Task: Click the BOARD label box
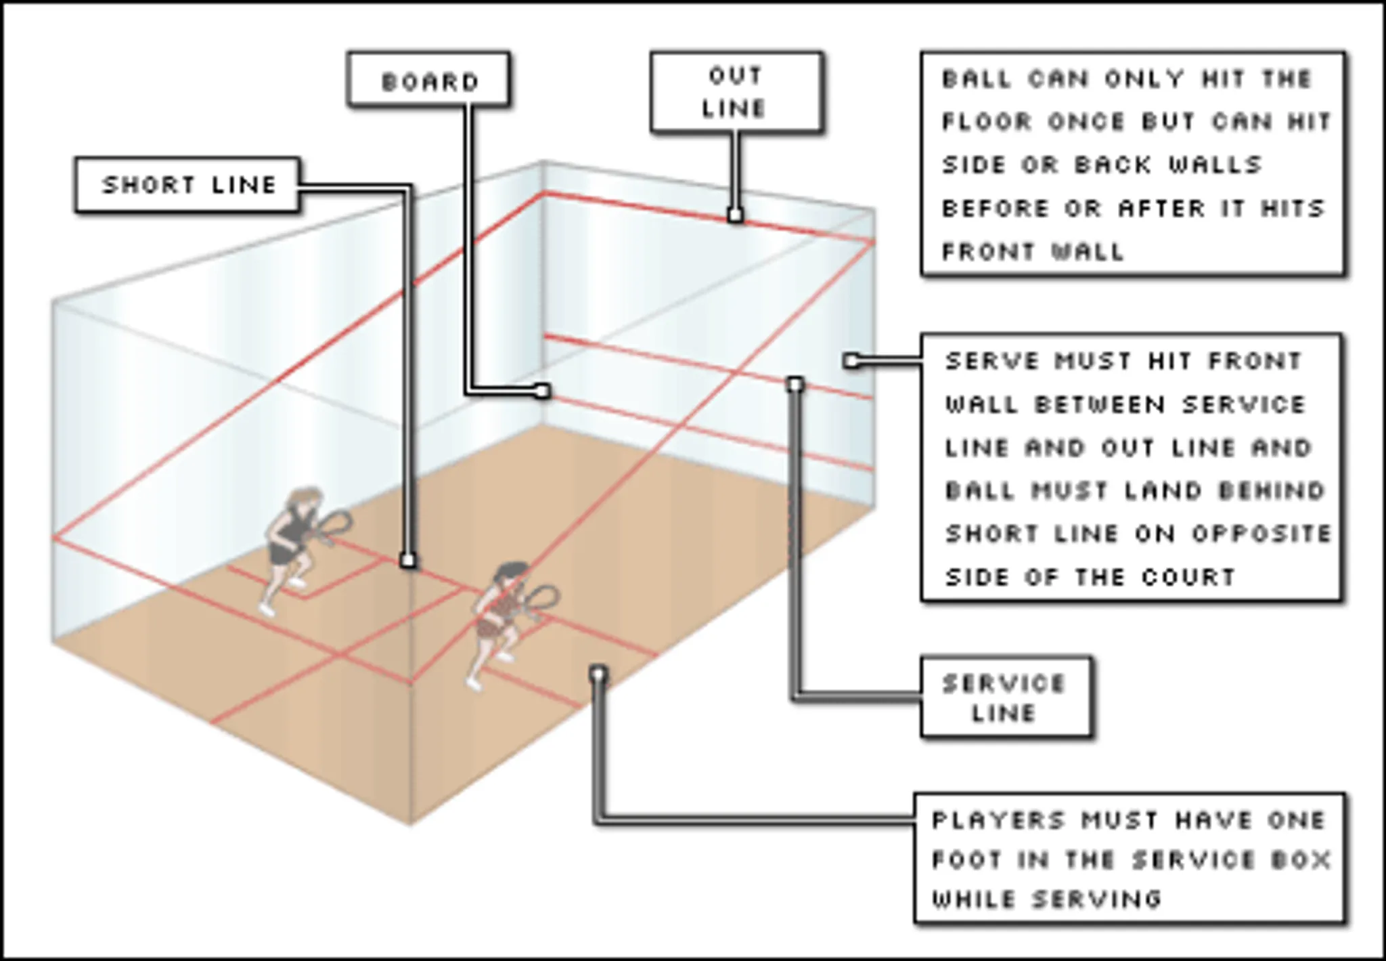coord(428,79)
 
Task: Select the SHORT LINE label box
coord(188,185)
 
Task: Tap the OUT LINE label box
coord(736,91)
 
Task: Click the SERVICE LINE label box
coord(1005,697)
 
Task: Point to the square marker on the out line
coord(736,216)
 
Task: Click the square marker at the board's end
coord(542,391)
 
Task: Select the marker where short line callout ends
coord(408,561)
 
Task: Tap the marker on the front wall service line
coord(796,385)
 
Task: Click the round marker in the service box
coord(598,675)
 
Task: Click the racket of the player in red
coord(542,599)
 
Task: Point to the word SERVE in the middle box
coord(991,361)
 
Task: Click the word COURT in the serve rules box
coord(1188,577)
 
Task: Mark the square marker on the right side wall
coord(852,361)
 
